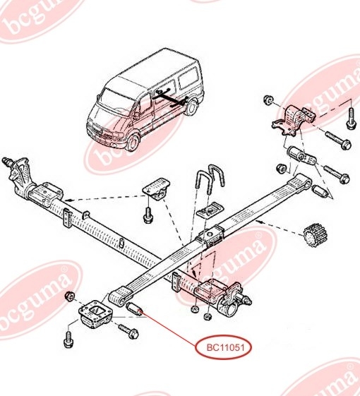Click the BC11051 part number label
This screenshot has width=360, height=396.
tap(222, 347)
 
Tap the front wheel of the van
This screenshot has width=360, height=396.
tap(133, 143)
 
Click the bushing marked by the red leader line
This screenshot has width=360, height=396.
tap(135, 308)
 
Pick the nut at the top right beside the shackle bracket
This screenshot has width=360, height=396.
tap(268, 100)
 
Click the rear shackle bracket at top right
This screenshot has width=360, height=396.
tap(294, 118)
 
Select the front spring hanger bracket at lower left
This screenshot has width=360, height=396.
tap(95, 313)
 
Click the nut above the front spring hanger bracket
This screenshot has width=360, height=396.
tap(69, 296)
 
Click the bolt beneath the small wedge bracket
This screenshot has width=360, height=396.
tap(148, 215)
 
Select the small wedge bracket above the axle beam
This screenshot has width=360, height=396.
tap(157, 189)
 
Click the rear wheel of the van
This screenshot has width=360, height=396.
tap(191, 107)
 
